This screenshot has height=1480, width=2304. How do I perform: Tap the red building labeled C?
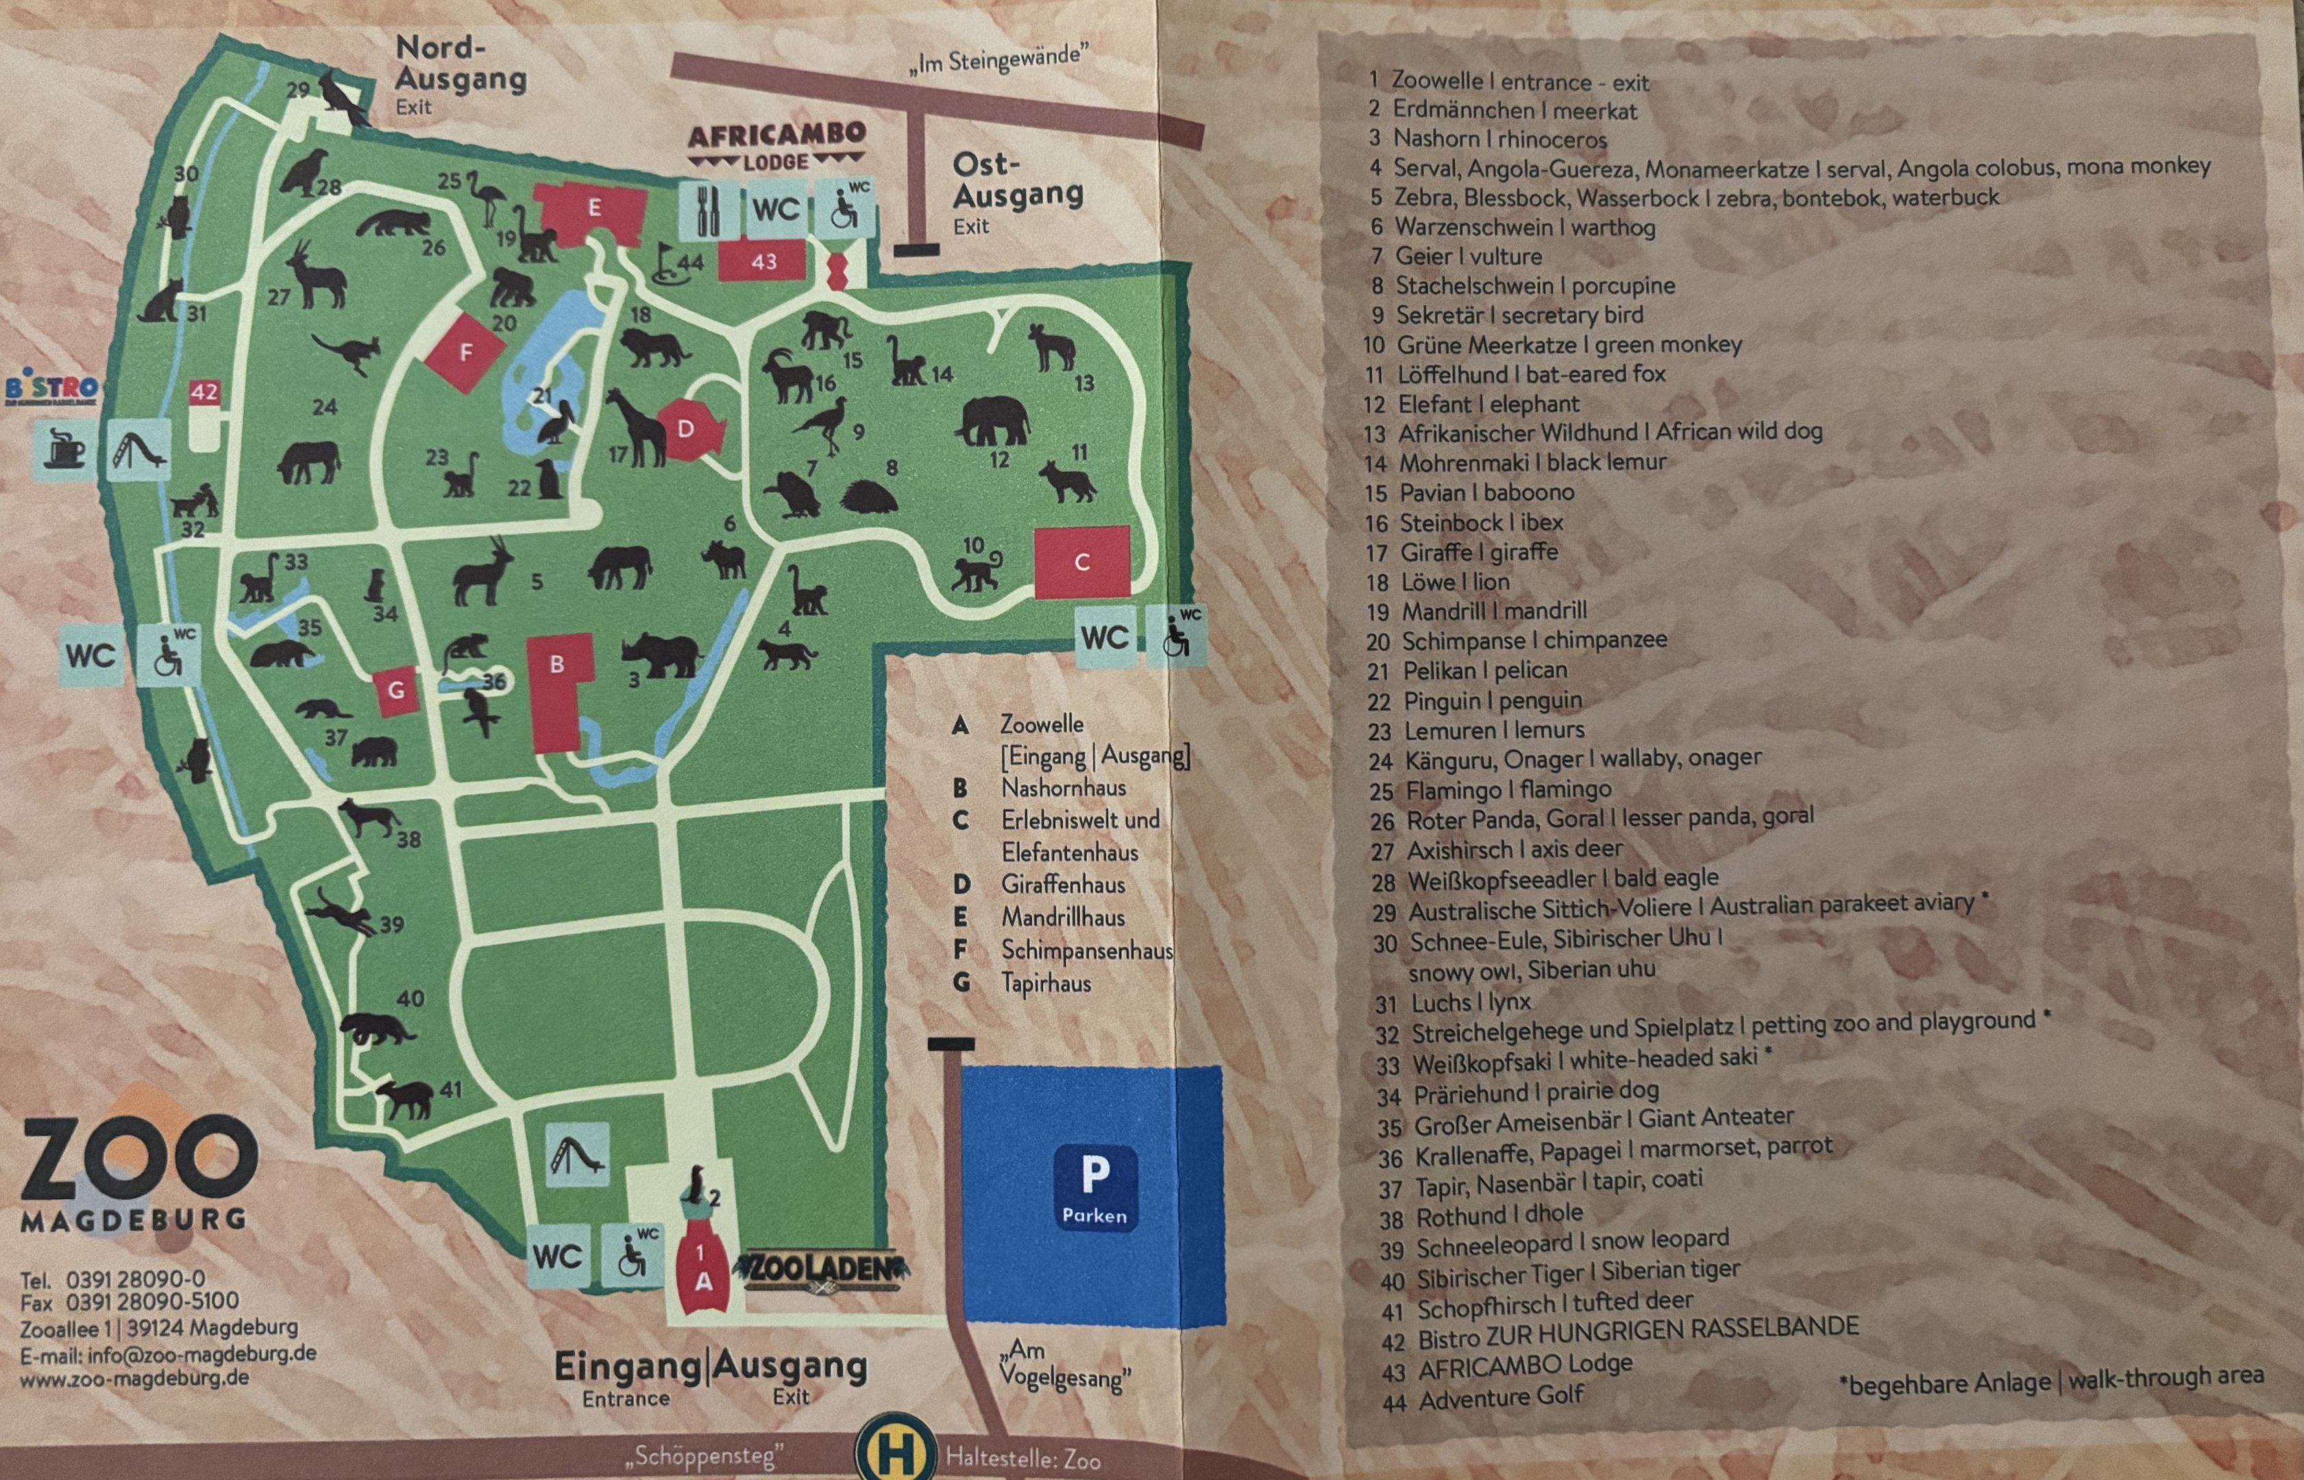pos(1081,563)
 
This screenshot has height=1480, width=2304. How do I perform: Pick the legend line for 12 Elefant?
pos(1471,404)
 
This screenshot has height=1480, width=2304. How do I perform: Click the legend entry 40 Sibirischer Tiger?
pos(1560,1274)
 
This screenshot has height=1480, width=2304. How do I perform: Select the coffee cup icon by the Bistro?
pos(65,449)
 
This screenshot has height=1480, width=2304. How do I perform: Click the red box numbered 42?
pos(204,392)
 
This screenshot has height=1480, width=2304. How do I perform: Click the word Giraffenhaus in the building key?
pos(1062,884)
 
